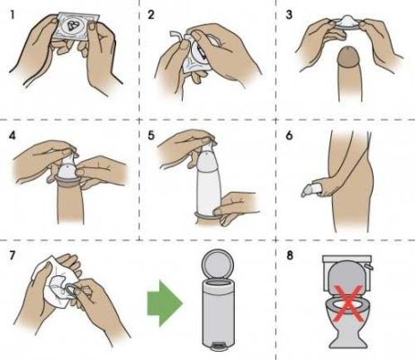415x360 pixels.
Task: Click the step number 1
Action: [12, 14]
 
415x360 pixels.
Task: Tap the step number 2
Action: [151, 14]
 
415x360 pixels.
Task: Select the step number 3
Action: [289, 14]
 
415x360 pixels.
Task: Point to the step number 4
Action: [13, 136]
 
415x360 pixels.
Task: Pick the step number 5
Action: [151, 136]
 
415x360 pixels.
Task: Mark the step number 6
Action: [289, 136]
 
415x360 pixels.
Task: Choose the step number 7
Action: [13, 256]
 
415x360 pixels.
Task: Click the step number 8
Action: [289, 256]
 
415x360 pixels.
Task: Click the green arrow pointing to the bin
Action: [165, 303]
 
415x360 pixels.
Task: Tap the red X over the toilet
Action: [348, 303]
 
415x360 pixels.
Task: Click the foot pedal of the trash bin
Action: [217, 347]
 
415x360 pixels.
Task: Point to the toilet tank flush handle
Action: [369, 267]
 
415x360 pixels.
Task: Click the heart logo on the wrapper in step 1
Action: [71, 26]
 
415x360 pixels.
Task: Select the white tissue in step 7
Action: [52, 282]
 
